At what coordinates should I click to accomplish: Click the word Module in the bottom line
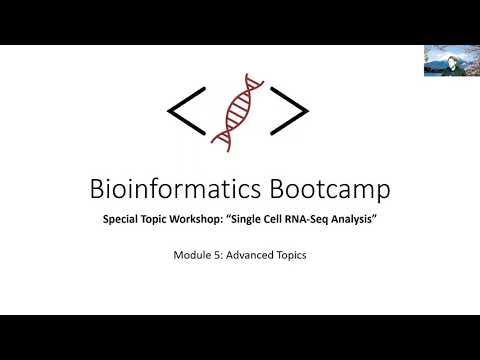[191, 255]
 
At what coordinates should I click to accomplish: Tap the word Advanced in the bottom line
[246, 255]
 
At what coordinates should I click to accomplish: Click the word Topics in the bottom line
[289, 255]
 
